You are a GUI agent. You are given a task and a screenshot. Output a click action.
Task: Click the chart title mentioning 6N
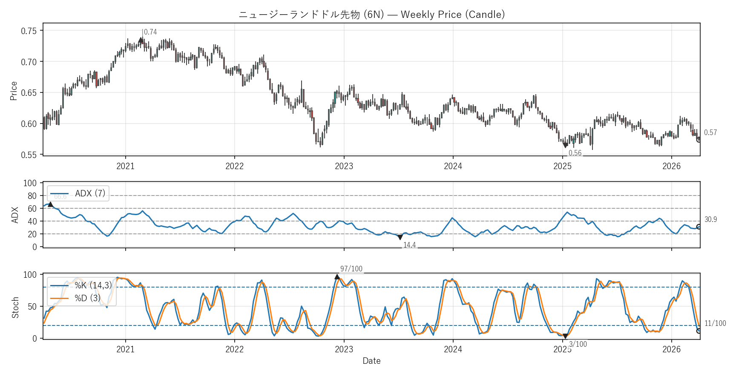coord(371,14)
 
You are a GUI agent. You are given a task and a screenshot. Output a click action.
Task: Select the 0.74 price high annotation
coord(150,32)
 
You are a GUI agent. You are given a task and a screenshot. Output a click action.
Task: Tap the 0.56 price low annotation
coord(575,153)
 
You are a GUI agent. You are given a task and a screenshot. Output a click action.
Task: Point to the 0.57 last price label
coord(710,132)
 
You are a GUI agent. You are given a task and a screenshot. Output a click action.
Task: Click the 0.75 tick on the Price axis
coord(29,31)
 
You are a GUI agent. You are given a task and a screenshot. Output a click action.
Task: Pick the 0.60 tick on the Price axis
coord(29,124)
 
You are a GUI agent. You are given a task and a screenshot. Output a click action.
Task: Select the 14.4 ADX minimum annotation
coord(409,245)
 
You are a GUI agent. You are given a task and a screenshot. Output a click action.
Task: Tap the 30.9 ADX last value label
coord(710,219)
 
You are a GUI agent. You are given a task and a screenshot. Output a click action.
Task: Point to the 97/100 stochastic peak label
coord(351,269)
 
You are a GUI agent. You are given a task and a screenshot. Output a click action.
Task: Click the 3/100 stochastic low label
coord(578,344)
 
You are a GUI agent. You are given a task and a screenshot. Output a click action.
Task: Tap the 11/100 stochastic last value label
coord(715,323)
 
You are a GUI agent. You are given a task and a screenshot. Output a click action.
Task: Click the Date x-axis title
coord(371,361)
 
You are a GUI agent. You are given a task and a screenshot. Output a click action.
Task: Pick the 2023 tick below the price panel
coord(344,166)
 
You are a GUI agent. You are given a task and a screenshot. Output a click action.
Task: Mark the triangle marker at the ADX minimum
coord(400,237)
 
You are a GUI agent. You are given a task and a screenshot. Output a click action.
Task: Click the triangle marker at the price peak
coord(141,40)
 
